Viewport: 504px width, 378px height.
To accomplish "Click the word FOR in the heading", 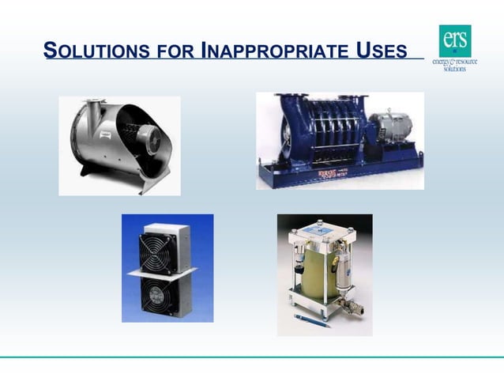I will tap(175, 53).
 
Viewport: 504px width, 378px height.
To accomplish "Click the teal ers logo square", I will tap(455, 40).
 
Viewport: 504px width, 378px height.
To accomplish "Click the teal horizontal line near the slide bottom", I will tap(252, 357).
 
